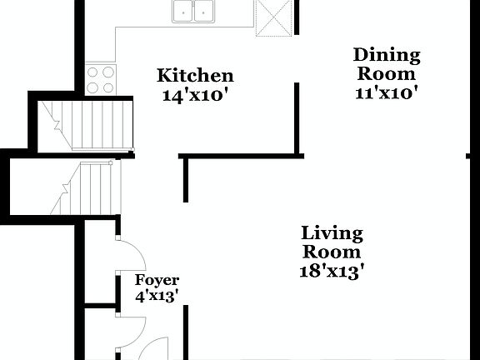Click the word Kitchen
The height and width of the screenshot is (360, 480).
[195, 76]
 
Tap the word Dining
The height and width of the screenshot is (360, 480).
[387, 56]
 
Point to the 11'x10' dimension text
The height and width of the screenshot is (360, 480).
[387, 92]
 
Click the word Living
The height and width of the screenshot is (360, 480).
[332, 232]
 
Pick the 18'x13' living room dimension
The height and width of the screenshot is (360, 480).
[332, 270]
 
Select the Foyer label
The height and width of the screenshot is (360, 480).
[157, 281]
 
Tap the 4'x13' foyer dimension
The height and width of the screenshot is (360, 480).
[157, 296]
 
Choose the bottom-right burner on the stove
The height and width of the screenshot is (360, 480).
[107, 86]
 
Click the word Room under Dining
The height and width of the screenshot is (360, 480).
[387, 73]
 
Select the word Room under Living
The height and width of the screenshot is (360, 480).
[332, 252]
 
